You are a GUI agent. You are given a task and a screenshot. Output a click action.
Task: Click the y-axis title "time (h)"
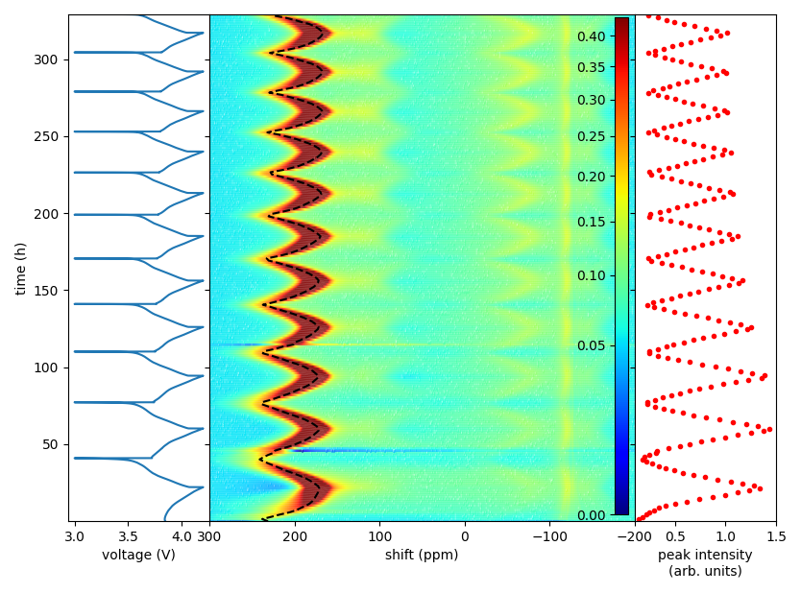pyautogui.click(x=20, y=268)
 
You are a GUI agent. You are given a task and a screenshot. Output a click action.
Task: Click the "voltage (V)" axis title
pyautogui.click(x=138, y=555)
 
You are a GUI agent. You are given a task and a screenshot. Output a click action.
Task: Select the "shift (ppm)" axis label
pyautogui.click(x=422, y=555)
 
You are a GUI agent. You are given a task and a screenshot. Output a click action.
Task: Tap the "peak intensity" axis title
pyautogui.click(x=705, y=555)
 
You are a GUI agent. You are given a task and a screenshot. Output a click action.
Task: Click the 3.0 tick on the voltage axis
pyautogui.click(x=75, y=534)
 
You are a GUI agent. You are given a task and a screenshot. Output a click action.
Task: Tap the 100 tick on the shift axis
pyautogui.click(x=380, y=534)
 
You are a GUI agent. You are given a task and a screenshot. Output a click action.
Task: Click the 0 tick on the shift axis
pyautogui.click(x=465, y=534)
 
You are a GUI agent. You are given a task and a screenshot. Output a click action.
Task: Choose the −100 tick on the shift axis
pyautogui.click(x=549, y=534)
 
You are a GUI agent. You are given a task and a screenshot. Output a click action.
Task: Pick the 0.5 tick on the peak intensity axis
pyautogui.click(x=675, y=534)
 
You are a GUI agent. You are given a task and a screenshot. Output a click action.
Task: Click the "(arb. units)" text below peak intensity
pyautogui.click(x=705, y=572)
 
